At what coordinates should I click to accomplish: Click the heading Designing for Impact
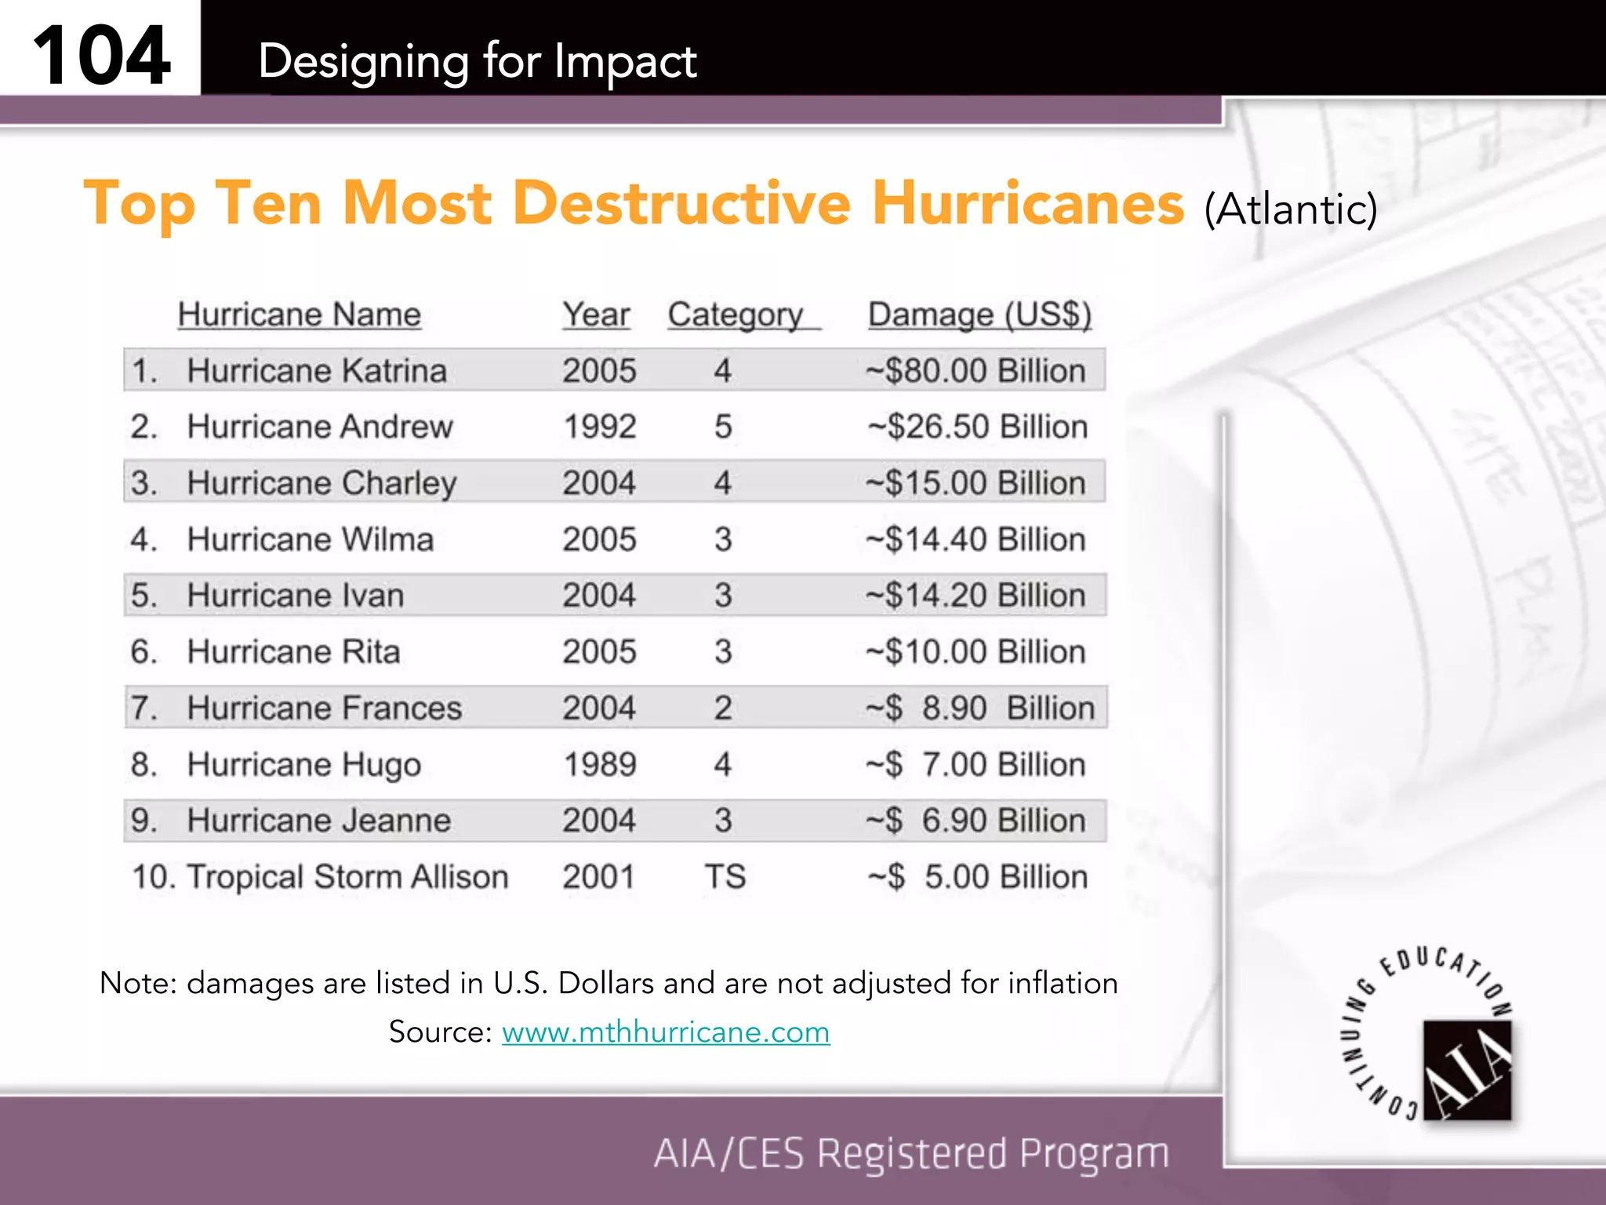pos(477,61)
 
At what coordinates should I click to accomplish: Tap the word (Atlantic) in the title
pos(1291,209)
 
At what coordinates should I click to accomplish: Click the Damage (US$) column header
pos(979,315)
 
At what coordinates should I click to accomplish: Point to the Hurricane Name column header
pos(300,315)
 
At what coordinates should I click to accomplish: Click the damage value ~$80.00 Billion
pos(976,370)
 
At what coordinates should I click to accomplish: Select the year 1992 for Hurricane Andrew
pos(600,427)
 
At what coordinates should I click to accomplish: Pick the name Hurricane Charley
pos(322,483)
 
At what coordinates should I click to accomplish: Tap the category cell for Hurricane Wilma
pos(723,540)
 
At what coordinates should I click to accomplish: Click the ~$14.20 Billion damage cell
pos(976,595)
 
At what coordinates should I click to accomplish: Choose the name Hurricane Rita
pos(293,652)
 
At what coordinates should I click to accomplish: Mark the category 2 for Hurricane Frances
pos(723,708)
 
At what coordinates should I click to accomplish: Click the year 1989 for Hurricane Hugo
pos(600,764)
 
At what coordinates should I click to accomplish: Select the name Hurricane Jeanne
pos(318,821)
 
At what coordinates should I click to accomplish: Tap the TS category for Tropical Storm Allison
pos(725,877)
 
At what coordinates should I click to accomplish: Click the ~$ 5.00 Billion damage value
pos(978,877)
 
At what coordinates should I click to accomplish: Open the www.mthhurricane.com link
pos(666,1032)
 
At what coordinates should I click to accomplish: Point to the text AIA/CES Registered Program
pos(911,1153)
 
